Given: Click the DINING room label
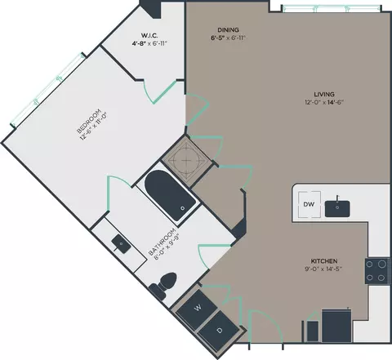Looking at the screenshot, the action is [x=228, y=30].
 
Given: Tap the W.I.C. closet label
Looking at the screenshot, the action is [x=149, y=35].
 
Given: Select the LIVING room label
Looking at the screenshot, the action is [x=324, y=95].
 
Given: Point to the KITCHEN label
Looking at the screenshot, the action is [x=324, y=261].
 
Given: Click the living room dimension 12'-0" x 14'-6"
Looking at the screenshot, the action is [x=324, y=102].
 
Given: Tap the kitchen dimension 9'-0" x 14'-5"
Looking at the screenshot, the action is [x=323, y=269].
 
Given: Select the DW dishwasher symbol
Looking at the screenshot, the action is [x=310, y=205].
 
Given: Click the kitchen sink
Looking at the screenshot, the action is [x=337, y=209].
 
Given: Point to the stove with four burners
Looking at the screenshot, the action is [x=377, y=271].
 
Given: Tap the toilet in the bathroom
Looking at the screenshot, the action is [x=164, y=285].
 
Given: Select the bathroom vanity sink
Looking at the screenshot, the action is [x=121, y=244].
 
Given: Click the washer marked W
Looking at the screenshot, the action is [x=198, y=307].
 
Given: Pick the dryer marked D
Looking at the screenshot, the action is [x=219, y=331].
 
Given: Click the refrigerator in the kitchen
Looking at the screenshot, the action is [x=336, y=326].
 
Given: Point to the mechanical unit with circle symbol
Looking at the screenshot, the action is [x=186, y=161].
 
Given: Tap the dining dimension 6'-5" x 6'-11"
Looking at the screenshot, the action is [x=228, y=38].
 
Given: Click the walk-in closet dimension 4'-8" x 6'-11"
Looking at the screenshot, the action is [x=149, y=43].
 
